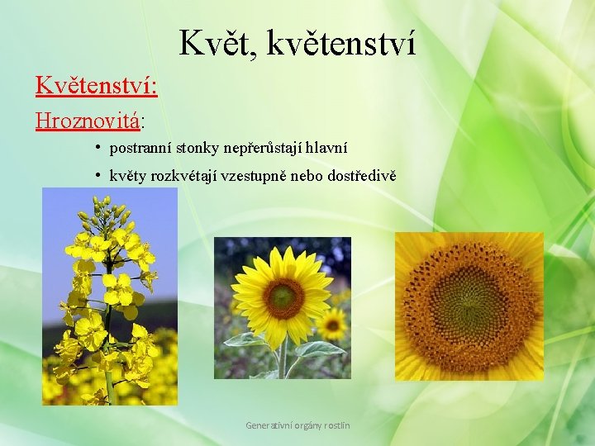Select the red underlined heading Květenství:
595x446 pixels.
coord(97,86)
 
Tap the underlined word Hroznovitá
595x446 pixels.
coord(87,121)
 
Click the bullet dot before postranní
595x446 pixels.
coord(98,148)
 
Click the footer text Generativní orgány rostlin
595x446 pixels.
coord(297,425)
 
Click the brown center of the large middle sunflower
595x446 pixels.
coord(283,295)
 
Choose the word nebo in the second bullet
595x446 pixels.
coord(306,176)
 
